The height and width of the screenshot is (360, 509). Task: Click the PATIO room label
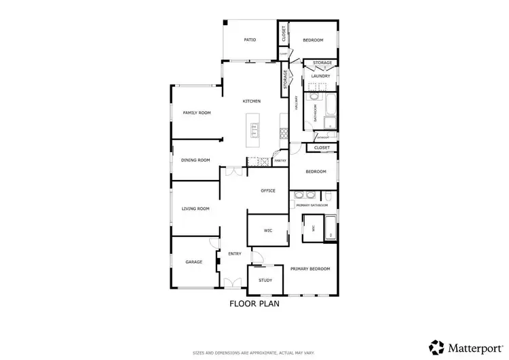250,40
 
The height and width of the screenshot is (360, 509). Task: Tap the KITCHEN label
252,101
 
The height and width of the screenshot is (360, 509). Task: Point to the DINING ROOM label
195,160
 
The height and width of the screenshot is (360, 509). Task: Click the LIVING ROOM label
195,209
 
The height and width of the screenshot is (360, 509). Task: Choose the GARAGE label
194,262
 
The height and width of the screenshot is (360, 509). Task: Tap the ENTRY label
235,253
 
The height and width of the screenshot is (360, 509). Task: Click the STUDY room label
265,280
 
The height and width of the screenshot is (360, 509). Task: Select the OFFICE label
268,191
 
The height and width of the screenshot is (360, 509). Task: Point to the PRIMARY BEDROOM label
310,269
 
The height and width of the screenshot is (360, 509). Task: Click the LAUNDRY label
320,76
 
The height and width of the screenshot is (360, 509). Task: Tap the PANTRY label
280,161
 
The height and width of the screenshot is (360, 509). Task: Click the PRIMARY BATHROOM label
312,204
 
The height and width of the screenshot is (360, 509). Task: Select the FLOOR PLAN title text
254,304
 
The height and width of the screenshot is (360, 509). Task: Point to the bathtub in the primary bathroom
330,228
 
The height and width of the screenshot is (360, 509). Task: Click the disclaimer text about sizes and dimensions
254,353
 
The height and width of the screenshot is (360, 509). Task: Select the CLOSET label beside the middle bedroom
322,147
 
